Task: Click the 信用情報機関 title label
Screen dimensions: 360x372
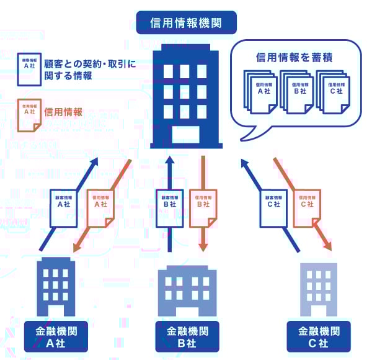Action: pos(186,23)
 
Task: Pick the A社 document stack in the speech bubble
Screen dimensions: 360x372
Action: pos(261,91)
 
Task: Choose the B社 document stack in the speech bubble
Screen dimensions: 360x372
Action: pos(296,91)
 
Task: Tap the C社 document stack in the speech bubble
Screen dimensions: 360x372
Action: pos(332,91)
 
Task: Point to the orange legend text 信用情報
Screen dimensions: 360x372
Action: pos(64,113)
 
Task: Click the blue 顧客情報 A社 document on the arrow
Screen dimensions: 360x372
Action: pos(63,207)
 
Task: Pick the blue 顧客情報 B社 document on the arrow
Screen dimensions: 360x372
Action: pos(169,207)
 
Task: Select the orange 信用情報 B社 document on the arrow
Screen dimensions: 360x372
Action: pos(203,207)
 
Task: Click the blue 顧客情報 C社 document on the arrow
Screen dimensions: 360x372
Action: pos(273,207)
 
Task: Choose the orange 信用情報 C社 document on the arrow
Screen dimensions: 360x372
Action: pos(307,207)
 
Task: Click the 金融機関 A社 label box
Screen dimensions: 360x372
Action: pos(55,337)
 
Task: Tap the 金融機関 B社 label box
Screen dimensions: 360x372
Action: pos(188,337)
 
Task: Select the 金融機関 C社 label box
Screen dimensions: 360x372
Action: pos(319,337)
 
